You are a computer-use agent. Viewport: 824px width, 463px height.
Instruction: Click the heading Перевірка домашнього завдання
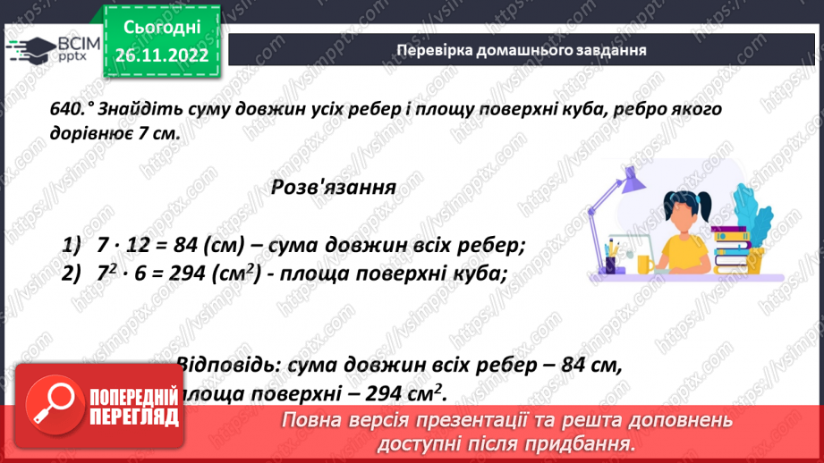(x=522, y=50)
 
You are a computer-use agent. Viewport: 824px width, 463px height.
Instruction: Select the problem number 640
(x=69, y=108)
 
